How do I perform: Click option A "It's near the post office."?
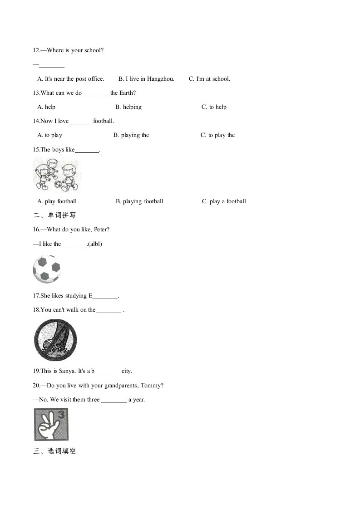click(x=70, y=79)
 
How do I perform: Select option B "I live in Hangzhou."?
click(x=146, y=79)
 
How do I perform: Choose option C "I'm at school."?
click(x=209, y=79)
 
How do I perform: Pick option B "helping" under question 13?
click(x=128, y=107)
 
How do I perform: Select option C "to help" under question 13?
click(x=214, y=107)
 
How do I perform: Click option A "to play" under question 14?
click(x=50, y=135)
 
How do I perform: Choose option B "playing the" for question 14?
click(x=131, y=135)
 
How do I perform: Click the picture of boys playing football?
click(x=56, y=175)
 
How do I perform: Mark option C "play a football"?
click(x=224, y=201)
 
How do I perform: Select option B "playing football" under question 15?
click(x=139, y=201)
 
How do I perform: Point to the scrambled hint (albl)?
click(x=95, y=244)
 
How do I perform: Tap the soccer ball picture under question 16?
click(x=46, y=269)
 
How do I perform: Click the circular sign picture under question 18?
click(x=55, y=340)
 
